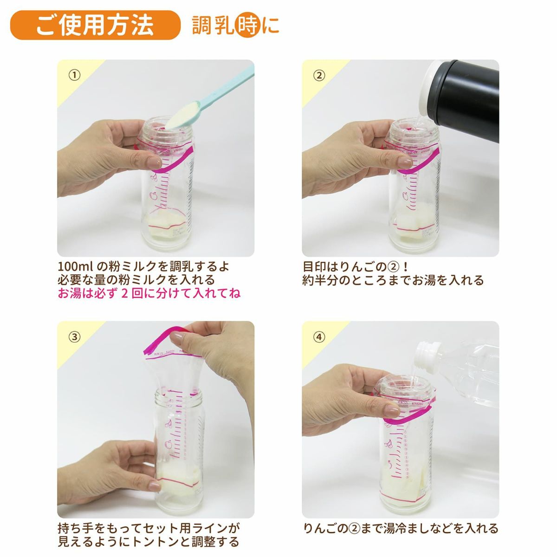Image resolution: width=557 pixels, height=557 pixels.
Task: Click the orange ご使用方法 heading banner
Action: pos(95,25)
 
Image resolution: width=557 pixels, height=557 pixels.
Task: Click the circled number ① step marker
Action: pos(74,76)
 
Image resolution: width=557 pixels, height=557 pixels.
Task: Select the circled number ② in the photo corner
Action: pos(319,76)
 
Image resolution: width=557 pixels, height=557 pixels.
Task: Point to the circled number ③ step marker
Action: pos(74,337)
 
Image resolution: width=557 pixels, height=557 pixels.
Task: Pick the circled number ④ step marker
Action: pos(319,337)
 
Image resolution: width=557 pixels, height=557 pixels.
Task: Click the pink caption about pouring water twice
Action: pos(149,294)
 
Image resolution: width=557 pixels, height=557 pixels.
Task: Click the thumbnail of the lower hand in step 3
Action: pos(154,486)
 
